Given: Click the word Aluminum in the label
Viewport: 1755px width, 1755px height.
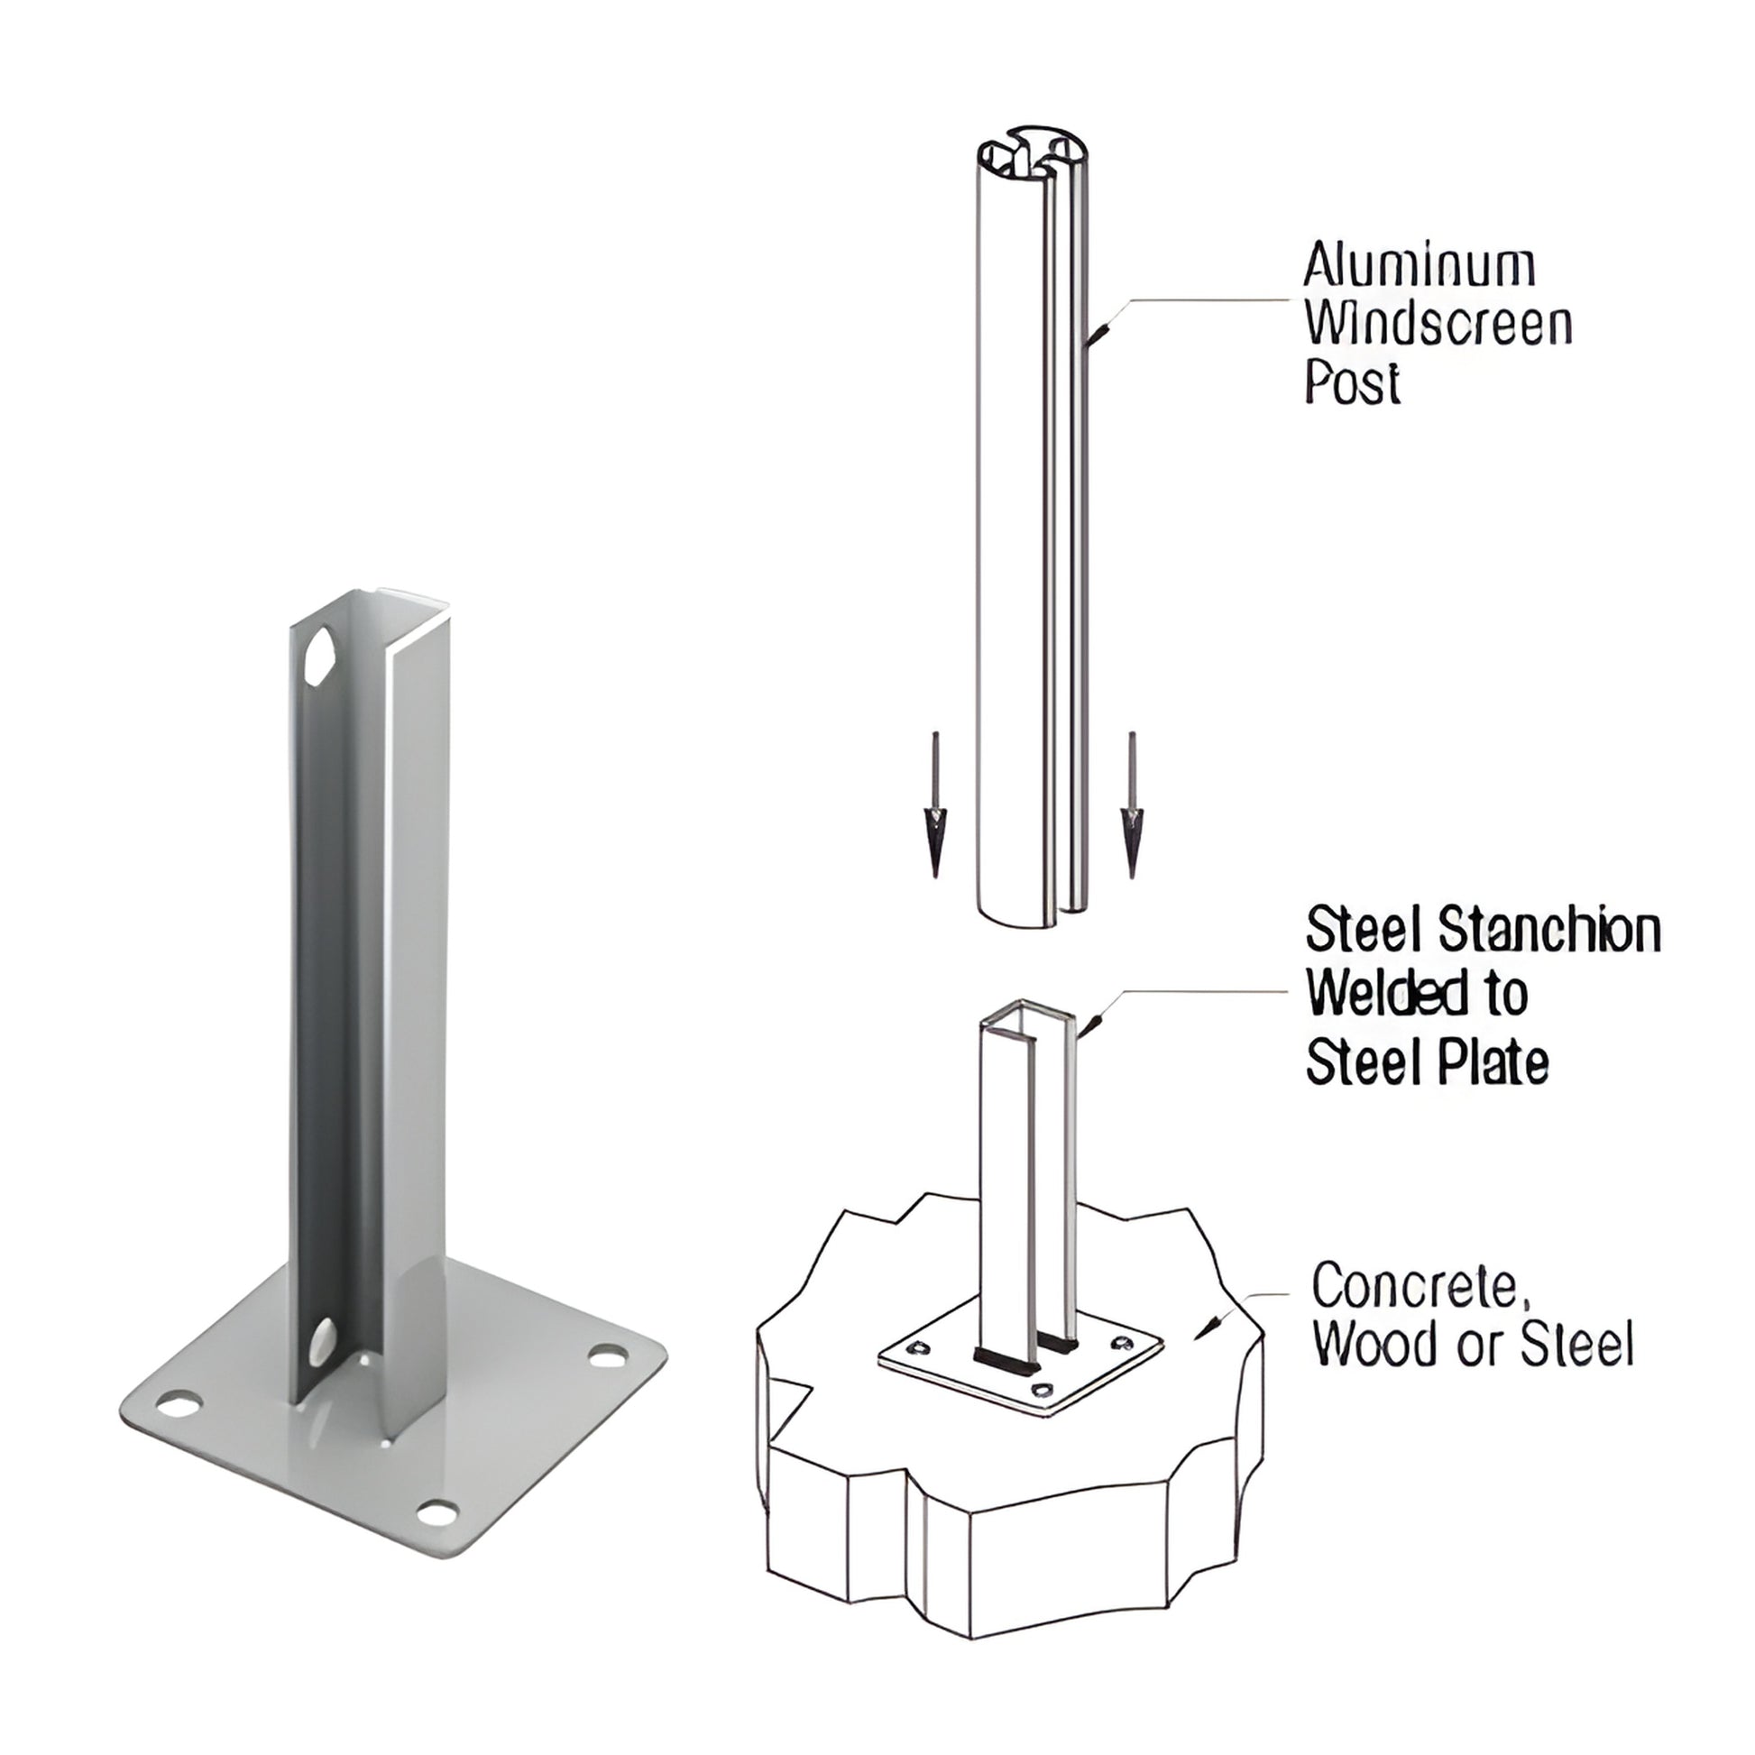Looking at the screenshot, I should pos(1419,266).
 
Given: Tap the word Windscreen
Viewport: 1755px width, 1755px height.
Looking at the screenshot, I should pos(1438,325).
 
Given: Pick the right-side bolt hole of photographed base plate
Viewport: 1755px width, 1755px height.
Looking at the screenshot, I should pos(607,1357).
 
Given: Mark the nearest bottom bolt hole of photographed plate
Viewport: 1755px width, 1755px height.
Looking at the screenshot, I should pos(437,1513).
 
